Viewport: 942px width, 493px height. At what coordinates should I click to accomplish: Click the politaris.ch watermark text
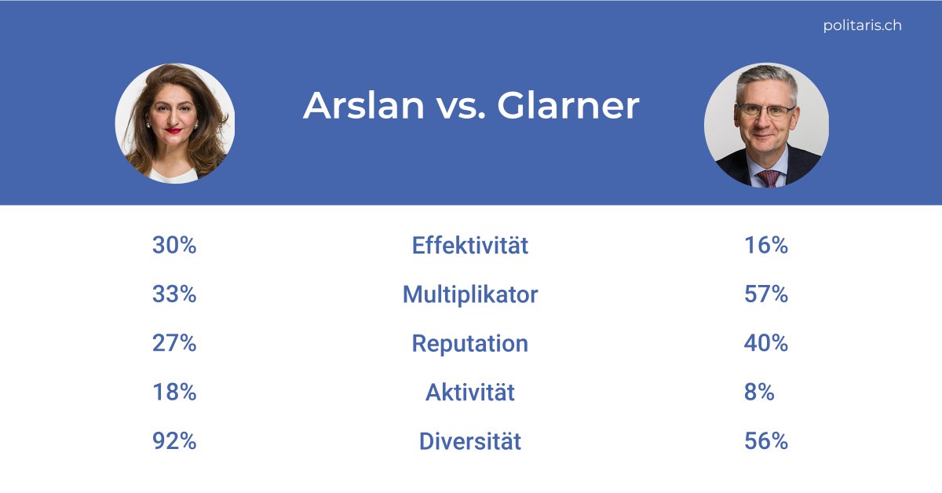[x=862, y=25]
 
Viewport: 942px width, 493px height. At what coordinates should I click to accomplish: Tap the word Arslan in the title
[x=363, y=106]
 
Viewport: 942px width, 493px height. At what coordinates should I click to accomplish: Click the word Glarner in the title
[x=568, y=106]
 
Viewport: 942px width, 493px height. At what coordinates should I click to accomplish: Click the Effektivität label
[x=469, y=246]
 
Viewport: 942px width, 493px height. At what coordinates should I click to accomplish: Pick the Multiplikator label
[x=469, y=294]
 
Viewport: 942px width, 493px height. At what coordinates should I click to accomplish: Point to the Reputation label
[x=469, y=343]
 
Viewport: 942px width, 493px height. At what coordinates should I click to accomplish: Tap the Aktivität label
[x=469, y=392]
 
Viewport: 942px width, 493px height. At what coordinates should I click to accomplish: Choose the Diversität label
[x=469, y=440]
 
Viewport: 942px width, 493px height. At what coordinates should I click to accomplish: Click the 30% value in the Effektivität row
[x=173, y=246]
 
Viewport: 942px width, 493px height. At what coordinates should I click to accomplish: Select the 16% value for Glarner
[x=765, y=246]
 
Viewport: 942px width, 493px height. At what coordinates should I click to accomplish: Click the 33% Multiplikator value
[x=173, y=294]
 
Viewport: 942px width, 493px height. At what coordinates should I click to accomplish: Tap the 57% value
[x=765, y=294]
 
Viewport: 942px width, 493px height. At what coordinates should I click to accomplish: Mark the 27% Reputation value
[x=173, y=343]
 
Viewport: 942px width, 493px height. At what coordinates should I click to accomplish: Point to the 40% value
[x=765, y=343]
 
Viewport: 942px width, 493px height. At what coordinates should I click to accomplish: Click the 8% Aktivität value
[x=758, y=392]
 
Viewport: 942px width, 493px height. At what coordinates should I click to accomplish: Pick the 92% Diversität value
[x=173, y=440]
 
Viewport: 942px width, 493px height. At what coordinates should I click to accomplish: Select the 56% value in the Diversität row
[x=765, y=440]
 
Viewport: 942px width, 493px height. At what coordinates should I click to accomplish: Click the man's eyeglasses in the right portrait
[x=765, y=111]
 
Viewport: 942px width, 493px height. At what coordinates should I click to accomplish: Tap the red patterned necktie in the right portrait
[x=769, y=177]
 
